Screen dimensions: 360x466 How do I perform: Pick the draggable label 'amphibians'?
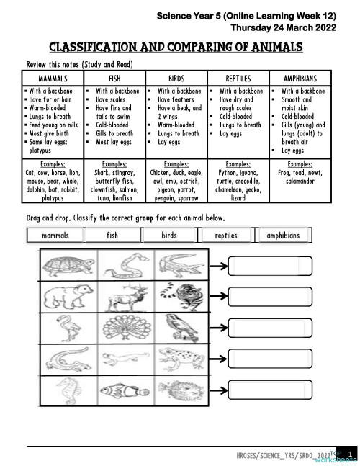click(x=287, y=236)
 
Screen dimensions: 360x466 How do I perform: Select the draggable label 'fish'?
click(x=112, y=236)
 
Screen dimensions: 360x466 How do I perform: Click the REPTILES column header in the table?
click(x=238, y=78)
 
